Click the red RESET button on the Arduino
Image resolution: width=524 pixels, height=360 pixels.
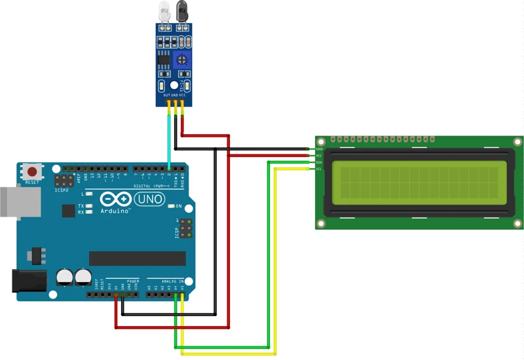32,172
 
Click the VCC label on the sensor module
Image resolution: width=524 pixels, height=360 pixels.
183,96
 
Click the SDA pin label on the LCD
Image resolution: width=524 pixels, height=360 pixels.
319,162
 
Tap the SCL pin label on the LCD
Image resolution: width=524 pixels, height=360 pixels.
319,169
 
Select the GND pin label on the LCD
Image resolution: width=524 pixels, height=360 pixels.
319,149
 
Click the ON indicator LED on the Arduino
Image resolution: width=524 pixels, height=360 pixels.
171,206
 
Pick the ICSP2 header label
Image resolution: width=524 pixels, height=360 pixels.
62,191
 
